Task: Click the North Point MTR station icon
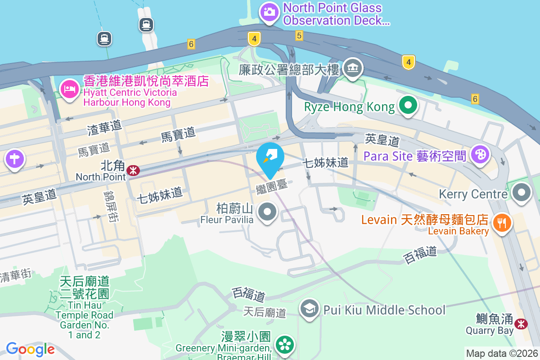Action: [133, 170]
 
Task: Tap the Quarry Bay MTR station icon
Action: [521, 323]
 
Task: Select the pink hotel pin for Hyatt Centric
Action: [69, 88]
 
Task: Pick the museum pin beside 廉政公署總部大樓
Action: [353, 68]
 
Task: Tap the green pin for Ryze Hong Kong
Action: [408, 106]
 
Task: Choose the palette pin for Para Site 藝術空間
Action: [480, 155]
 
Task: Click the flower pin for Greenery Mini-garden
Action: [284, 345]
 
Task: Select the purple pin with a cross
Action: [15, 159]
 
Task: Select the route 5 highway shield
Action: [299, 36]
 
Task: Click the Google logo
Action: [30, 349]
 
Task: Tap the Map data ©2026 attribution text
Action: [501, 353]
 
